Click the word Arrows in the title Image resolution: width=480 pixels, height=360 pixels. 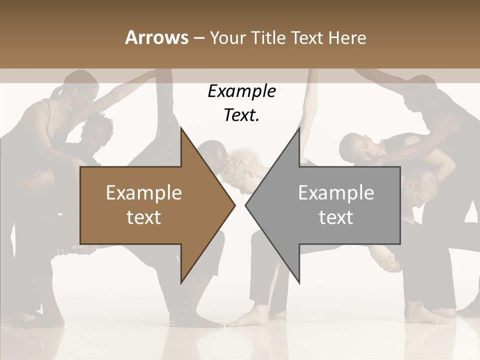pyautogui.click(x=156, y=37)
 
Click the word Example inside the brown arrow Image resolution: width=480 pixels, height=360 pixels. pyautogui.click(x=143, y=193)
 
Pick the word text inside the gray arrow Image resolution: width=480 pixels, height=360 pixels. pyautogui.click(x=336, y=217)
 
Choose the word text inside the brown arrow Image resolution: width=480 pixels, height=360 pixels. pyautogui.click(x=143, y=217)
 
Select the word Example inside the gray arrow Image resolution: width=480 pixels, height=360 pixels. pyautogui.click(x=336, y=193)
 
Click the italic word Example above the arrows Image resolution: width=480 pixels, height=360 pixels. pyautogui.click(x=241, y=91)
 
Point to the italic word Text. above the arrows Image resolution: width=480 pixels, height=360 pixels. pyautogui.click(x=241, y=115)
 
